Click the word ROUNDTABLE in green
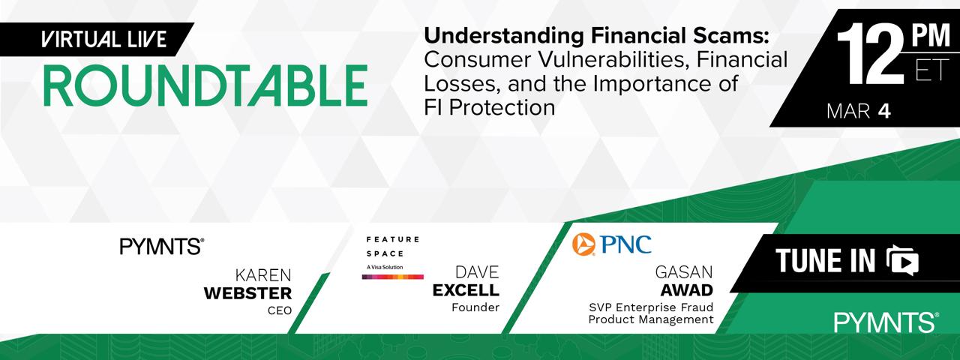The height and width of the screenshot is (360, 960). pyautogui.click(x=205, y=85)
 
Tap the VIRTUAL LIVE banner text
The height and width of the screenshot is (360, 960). pyautogui.click(x=103, y=40)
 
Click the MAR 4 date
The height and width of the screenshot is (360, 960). pyautogui.click(x=859, y=112)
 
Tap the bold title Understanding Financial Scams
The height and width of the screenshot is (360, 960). pyautogui.click(x=596, y=36)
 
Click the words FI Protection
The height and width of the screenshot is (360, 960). pyautogui.click(x=490, y=107)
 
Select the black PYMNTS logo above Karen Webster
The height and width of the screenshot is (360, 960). pyautogui.click(x=161, y=247)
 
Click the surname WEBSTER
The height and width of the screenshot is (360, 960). pyautogui.click(x=247, y=293)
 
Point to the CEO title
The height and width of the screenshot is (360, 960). pyautogui.click(x=280, y=310)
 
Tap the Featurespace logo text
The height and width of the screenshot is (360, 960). pyautogui.click(x=392, y=247)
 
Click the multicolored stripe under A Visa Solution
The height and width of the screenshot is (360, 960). pyautogui.click(x=392, y=277)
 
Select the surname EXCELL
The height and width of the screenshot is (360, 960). pyautogui.click(x=466, y=290)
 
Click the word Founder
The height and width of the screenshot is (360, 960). pyautogui.click(x=475, y=307)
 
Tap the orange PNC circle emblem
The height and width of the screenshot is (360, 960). pyautogui.click(x=583, y=244)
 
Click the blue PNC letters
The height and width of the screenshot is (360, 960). pyautogui.click(x=625, y=244)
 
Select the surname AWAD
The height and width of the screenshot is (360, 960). pyautogui.click(x=686, y=290)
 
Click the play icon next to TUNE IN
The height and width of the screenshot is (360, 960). pyautogui.click(x=902, y=260)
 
